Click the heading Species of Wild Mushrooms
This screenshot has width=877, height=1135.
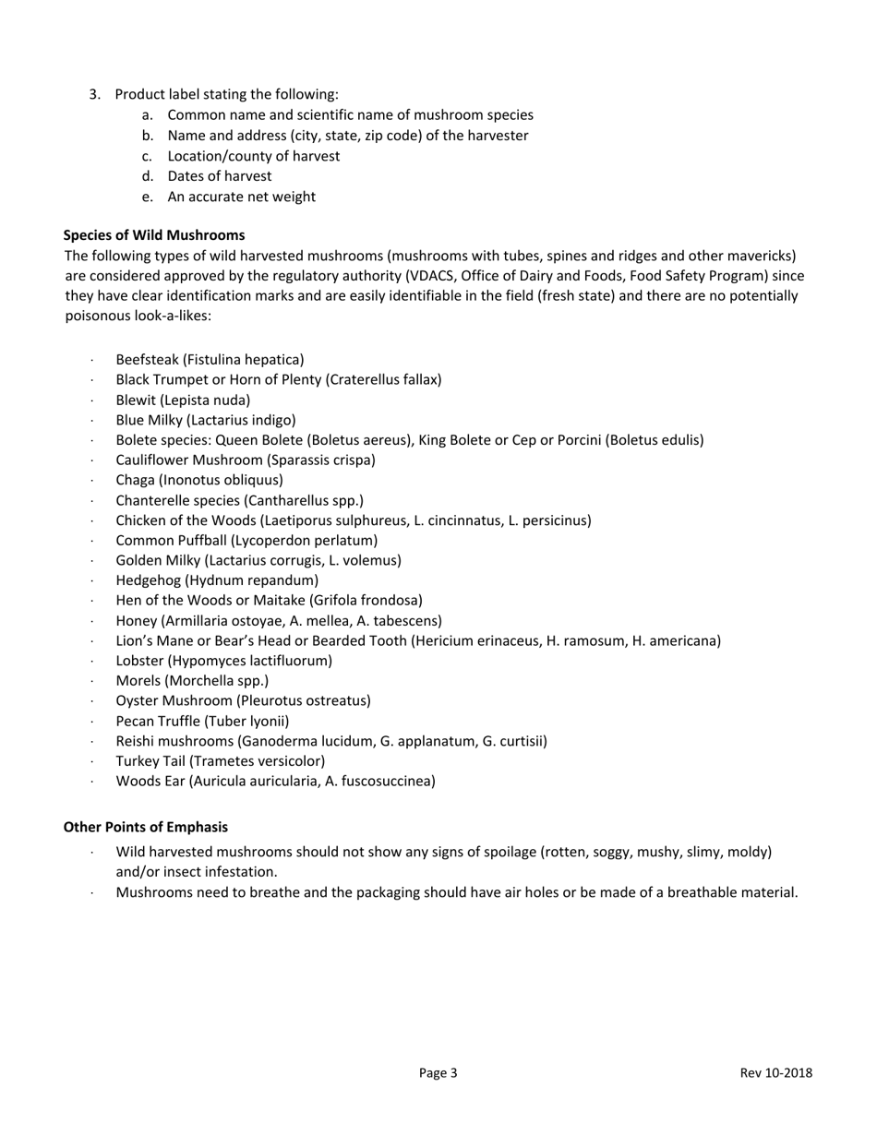point(154,235)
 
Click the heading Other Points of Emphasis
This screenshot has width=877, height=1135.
point(145,827)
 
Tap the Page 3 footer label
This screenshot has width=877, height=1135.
point(438,1072)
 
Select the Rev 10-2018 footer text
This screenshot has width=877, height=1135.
point(775,1072)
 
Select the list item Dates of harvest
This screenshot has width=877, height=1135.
point(220,175)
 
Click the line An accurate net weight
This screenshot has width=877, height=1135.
point(241,197)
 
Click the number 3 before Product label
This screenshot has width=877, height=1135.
point(94,94)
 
